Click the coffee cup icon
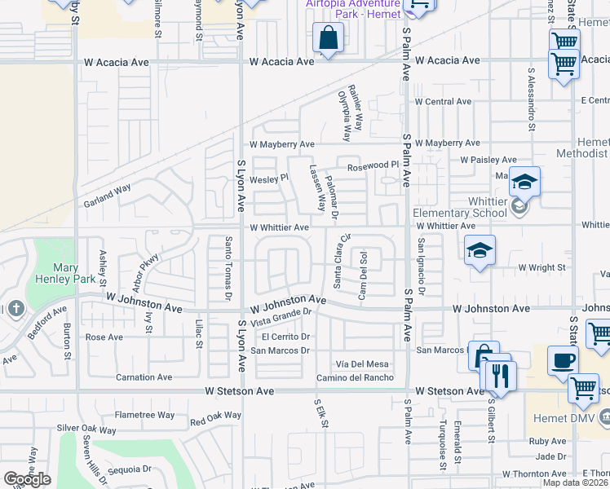563,359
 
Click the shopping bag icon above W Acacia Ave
328,37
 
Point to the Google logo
27,478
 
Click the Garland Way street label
108,199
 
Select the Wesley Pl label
269,178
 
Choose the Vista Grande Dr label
282,316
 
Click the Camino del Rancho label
356,377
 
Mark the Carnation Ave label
144,377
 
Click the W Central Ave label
443,102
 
